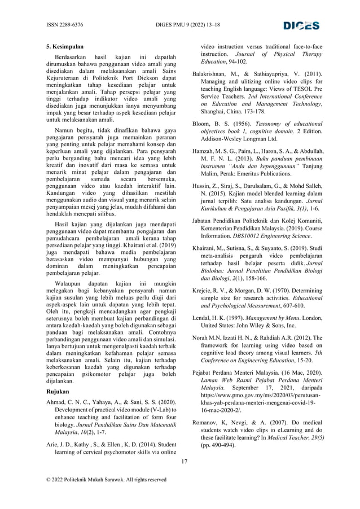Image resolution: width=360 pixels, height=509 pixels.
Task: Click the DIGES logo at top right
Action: (x=301, y=25)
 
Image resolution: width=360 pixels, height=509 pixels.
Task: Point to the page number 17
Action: (x=184, y=462)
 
